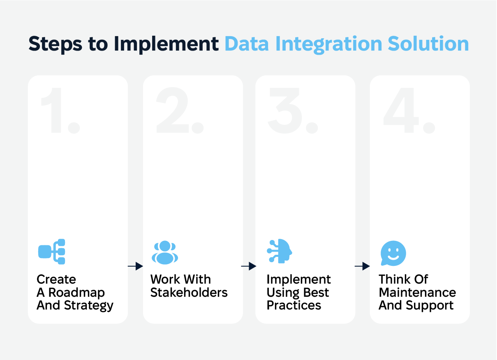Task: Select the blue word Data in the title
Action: click(247, 44)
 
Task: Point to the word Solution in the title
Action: click(428, 44)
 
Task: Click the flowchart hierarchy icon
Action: click(52, 252)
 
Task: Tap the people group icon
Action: click(165, 252)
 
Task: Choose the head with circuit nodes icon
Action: click(280, 251)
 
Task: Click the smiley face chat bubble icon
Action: click(393, 253)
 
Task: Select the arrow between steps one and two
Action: click(135, 266)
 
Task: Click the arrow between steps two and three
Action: click(249, 266)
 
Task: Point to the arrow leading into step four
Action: click(362, 266)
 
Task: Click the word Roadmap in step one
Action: click(76, 293)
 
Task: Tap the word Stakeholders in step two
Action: click(189, 292)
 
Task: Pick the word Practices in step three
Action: click(294, 305)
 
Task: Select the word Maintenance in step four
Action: click(417, 292)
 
